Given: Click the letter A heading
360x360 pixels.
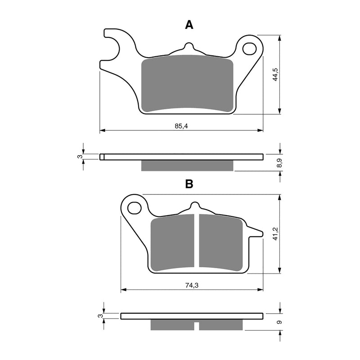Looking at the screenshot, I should [189, 25].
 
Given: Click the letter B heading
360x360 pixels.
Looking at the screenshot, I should [189, 184].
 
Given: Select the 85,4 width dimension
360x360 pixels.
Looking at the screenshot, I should [181, 126].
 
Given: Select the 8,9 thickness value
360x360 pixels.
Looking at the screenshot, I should [279, 164].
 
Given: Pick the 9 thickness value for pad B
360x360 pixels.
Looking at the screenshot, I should [279, 322].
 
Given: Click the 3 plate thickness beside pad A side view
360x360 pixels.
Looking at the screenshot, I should [79, 157].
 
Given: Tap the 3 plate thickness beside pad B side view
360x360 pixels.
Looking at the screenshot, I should [100, 316].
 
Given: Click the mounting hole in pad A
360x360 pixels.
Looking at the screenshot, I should [249, 49].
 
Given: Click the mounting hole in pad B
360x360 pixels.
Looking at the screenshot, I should [134, 208].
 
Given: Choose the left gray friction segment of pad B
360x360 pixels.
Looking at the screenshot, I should [173, 243].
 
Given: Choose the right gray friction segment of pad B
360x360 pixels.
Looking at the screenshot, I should [220, 243].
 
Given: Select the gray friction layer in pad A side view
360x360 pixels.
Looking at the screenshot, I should [187, 166].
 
